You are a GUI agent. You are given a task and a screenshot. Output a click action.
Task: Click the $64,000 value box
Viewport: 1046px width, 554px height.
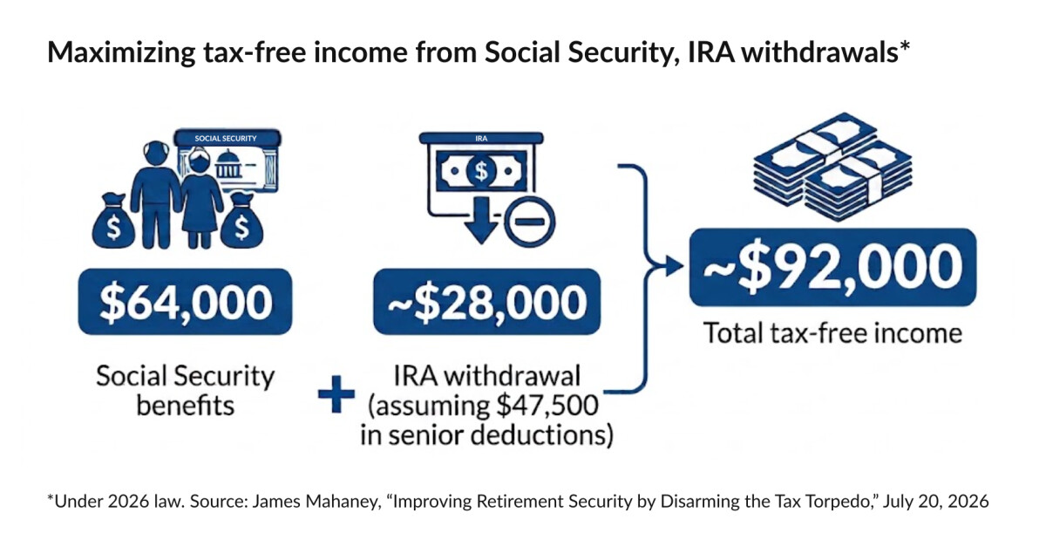(185, 302)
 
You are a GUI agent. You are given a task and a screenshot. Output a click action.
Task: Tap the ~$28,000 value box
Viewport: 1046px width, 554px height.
(486, 302)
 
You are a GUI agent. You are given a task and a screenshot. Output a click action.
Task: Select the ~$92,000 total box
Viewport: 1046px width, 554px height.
(832, 268)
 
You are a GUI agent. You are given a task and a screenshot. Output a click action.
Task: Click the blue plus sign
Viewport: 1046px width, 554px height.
(336, 394)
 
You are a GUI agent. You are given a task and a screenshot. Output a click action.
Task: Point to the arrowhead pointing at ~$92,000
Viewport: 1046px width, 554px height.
(673, 266)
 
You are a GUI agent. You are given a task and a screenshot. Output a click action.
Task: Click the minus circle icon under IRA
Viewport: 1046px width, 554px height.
(530, 222)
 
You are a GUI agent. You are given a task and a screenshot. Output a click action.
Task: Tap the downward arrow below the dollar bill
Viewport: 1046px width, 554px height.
(481, 220)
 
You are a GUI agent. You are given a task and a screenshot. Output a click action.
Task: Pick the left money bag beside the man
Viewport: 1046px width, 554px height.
(113, 221)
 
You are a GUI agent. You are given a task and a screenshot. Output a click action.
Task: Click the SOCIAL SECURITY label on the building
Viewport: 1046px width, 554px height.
(226, 139)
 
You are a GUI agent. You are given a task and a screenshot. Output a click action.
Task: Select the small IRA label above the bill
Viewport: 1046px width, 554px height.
(481, 139)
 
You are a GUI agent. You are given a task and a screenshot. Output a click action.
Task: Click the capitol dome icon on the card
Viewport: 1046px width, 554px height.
(228, 164)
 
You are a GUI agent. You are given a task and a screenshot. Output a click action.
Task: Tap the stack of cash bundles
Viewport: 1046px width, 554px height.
(832, 167)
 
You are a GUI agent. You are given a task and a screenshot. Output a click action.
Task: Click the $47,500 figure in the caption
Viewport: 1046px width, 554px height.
(547, 406)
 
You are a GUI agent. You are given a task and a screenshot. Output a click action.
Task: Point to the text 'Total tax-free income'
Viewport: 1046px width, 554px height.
(832, 333)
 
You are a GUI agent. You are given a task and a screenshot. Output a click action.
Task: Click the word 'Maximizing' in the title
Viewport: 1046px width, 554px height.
(121, 52)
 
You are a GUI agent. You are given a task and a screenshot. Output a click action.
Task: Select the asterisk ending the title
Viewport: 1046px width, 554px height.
(905, 45)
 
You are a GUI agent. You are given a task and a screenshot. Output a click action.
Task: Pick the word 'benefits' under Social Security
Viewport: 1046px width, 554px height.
(186, 406)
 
